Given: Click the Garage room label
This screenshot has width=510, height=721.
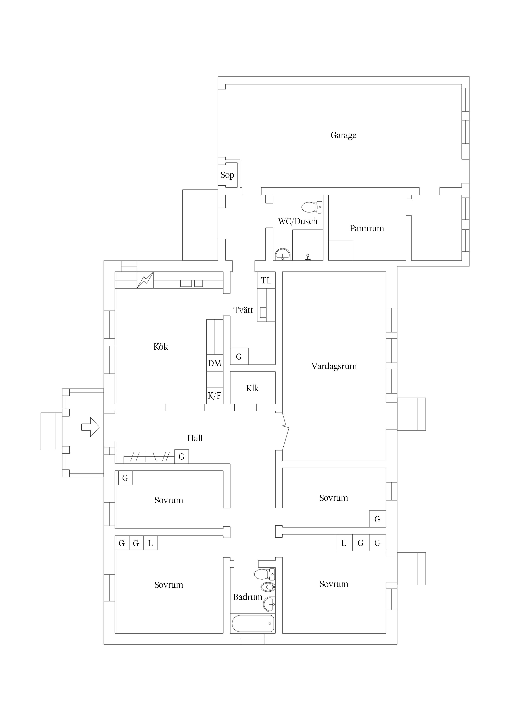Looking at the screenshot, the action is click(343, 135).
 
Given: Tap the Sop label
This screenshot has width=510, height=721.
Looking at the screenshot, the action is click(227, 175).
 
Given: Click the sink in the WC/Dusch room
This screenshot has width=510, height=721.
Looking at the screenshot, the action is click(283, 254).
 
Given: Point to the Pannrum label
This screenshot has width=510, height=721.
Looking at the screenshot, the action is click(367, 228).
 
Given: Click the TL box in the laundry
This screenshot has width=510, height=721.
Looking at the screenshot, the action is click(266, 280).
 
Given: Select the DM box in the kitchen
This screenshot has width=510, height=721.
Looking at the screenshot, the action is click(215, 363).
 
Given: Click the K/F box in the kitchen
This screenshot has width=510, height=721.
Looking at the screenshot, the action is click(215, 395).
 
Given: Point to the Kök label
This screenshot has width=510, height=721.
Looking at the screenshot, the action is click(161, 347).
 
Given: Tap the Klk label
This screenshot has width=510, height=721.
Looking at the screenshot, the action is click(252, 388).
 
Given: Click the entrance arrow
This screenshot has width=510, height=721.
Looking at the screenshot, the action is click(90, 427).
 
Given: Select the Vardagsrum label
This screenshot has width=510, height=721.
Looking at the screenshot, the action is click(334, 366).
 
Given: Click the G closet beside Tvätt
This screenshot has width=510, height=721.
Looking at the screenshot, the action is click(239, 356).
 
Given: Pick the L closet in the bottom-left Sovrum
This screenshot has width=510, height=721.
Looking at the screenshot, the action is click(151, 543).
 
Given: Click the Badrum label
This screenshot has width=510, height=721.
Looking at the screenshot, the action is click(247, 597).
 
